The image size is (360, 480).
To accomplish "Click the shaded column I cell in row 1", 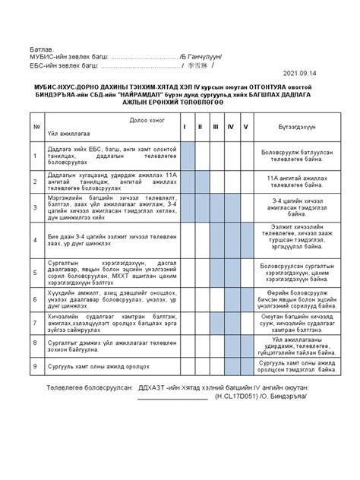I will [182, 156].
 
